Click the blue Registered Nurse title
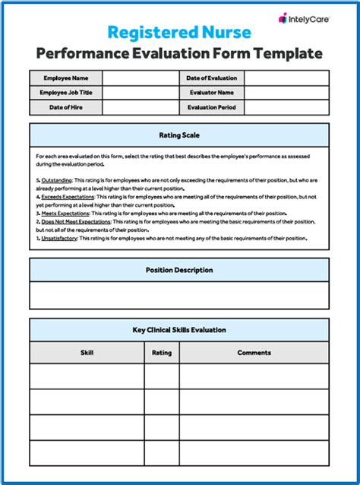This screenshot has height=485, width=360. [179, 31]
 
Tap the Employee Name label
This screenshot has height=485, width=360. [66, 78]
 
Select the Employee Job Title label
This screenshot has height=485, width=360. [66, 93]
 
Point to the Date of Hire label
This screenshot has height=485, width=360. [66, 108]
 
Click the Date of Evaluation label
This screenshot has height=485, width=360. [212, 78]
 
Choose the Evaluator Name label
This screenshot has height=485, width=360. [212, 93]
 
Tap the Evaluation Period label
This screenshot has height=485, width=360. [212, 108]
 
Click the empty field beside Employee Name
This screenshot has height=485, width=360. [140, 78]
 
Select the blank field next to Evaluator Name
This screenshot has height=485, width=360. [286, 93]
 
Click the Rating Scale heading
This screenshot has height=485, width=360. [179, 135]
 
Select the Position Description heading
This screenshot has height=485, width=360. [179, 270]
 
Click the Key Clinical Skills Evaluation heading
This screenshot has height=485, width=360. [179, 330]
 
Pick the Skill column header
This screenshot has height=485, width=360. [87, 353]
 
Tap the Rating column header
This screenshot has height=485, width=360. [162, 353]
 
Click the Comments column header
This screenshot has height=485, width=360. [254, 353]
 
